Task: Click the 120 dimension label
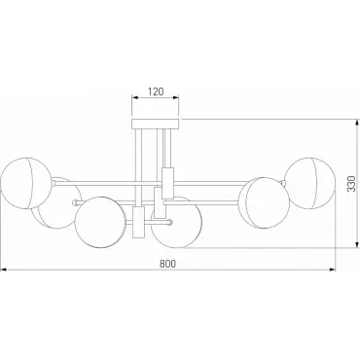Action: tap(156, 91)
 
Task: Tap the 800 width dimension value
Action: tap(167, 264)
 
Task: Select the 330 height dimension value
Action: tap(351, 184)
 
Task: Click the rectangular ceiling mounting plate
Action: tap(156, 124)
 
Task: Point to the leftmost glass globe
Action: tap(26, 183)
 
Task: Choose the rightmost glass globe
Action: tap(309, 183)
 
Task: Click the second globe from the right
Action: tap(264, 202)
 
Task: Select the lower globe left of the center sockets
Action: tap(100, 222)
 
